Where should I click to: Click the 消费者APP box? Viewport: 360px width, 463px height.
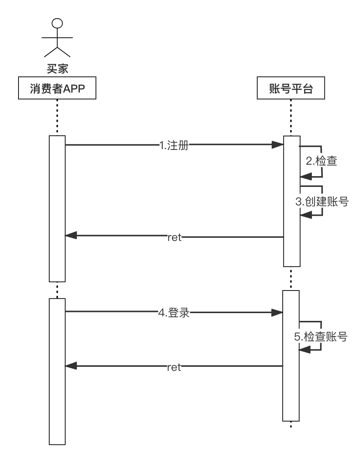click(x=57, y=88)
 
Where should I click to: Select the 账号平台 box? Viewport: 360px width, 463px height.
click(x=291, y=88)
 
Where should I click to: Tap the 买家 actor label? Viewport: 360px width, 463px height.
click(x=57, y=69)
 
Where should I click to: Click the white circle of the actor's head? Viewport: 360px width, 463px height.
click(x=57, y=23)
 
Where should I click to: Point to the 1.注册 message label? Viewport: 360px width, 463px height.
click(x=174, y=145)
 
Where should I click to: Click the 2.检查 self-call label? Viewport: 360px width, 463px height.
click(x=322, y=161)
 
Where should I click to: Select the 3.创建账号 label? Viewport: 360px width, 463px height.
click(x=322, y=201)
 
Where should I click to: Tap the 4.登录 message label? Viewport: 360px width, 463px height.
click(x=174, y=313)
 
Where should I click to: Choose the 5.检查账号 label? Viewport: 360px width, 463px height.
click(x=321, y=336)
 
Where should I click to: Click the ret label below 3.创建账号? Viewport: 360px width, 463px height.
click(x=174, y=237)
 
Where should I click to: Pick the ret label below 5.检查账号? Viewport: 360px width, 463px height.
click(x=174, y=367)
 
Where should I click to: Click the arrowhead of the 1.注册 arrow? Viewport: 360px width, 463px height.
click(x=277, y=145)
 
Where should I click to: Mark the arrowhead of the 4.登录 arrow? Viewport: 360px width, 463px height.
click(x=277, y=313)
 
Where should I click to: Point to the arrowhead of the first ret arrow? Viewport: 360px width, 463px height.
click(x=71, y=235)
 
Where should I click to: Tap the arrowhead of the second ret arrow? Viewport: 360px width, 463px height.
click(x=71, y=366)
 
